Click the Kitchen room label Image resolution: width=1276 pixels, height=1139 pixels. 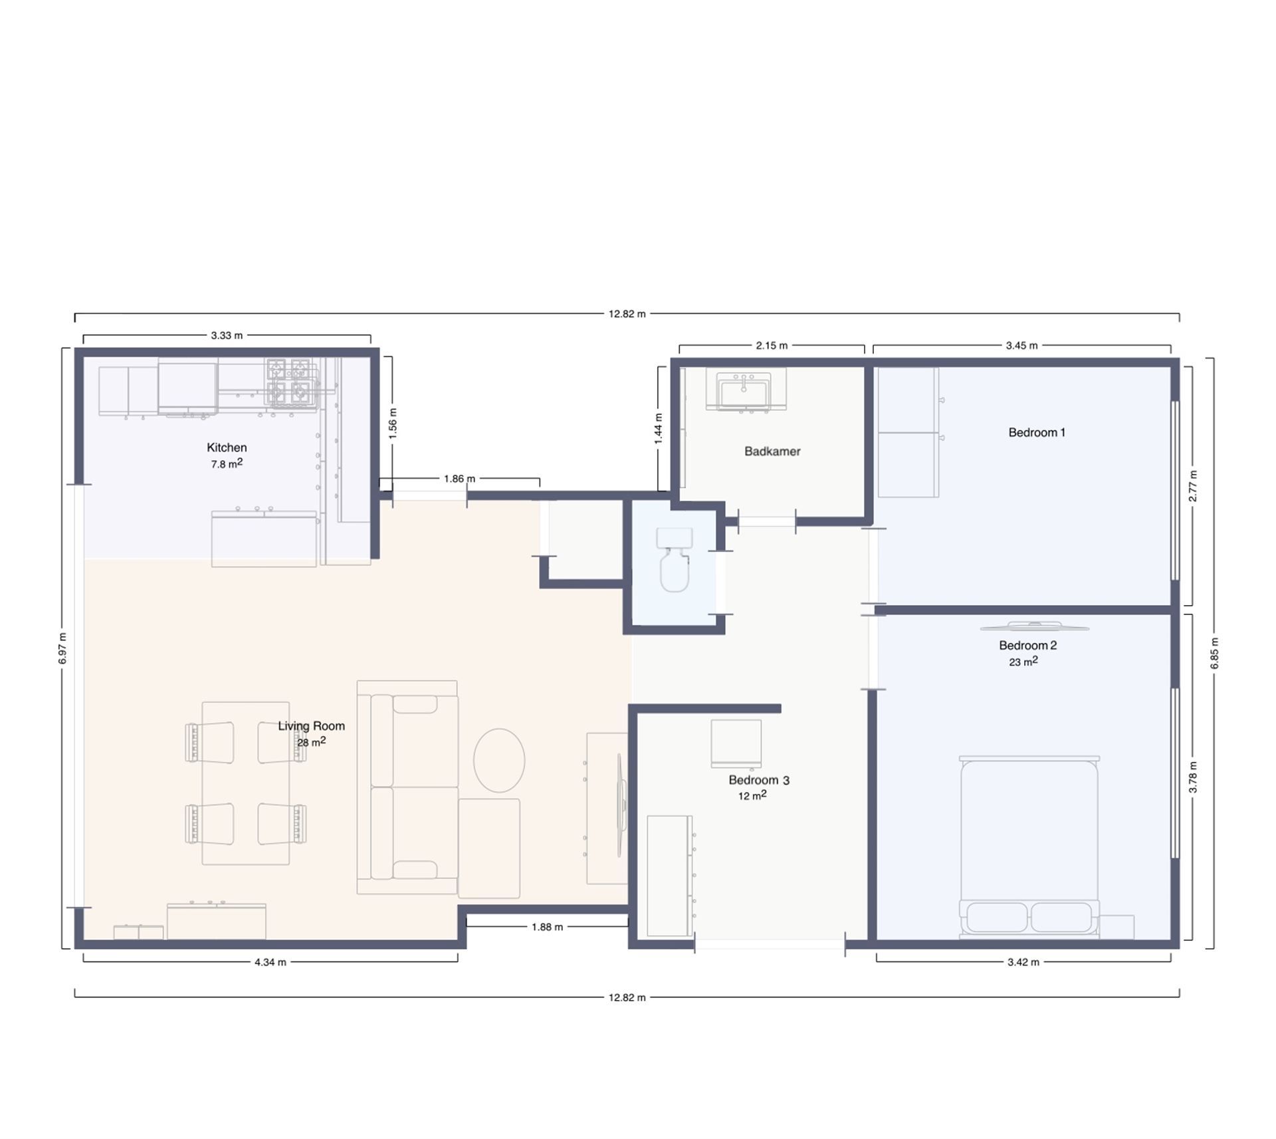click(227, 447)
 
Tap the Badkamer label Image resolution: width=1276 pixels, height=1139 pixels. click(772, 451)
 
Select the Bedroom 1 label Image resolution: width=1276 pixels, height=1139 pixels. click(1037, 432)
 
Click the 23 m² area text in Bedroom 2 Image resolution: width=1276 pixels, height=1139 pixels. click(1023, 662)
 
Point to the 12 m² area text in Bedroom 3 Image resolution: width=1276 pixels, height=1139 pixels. click(752, 795)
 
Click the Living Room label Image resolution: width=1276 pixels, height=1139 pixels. click(311, 726)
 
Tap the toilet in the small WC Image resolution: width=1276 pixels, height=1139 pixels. click(675, 559)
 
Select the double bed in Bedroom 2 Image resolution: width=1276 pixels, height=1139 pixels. click(1029, 846)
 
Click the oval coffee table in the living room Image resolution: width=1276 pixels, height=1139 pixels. click(499, 760)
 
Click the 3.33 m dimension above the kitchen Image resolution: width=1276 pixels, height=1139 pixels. click(227, 336)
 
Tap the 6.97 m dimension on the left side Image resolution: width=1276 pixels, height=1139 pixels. click(62, 648)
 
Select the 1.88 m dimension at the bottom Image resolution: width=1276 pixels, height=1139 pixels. click(547, 927)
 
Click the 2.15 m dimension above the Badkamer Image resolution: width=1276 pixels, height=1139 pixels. click(772, 346)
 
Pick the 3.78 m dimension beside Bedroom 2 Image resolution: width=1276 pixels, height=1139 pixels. click(1193, 777)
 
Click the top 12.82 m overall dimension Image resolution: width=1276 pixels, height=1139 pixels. click(627, 314)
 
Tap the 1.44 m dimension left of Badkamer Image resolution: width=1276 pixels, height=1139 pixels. click(658, 429)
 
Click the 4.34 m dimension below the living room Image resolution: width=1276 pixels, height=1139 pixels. click(270, 962)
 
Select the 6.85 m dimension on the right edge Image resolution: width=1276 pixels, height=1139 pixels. click(1214, 654)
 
